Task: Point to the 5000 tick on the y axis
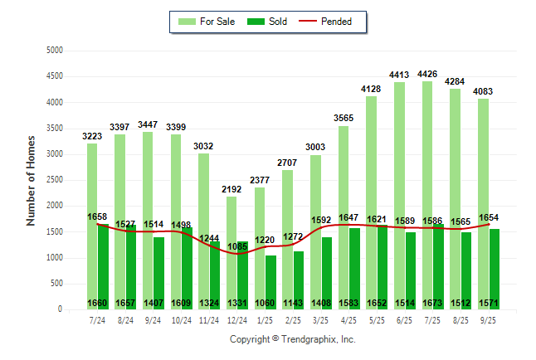pyautogui.click(x=55, y=51)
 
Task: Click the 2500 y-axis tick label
pyautogui.click(x=55, y=180)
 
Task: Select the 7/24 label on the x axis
pyautogui.click(x=98, y=319)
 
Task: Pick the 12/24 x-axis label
pyautogui.click(x=236, y=319)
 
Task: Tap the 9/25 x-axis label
pyautogui.click(x=489, y=319)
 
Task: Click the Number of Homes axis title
pyautogui.click(x=32, y=180)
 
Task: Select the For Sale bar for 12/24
pyautogui.click(x=231, y=249)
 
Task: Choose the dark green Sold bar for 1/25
pyautogui.click(x=270, y=282)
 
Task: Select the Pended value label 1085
pyautogui.click(x=237, y=246)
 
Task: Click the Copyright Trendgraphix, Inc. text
pyautogui.click(x=292, y=339)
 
